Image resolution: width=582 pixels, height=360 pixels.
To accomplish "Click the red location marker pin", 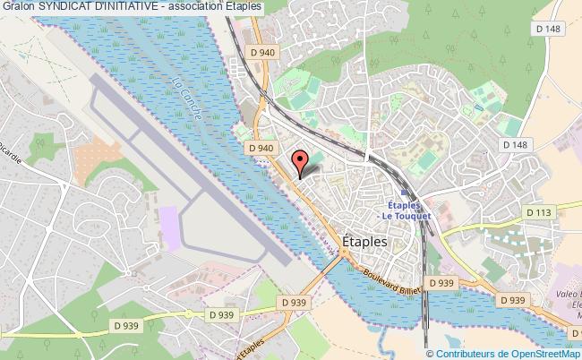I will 302,161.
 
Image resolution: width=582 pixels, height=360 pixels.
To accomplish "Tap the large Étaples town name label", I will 364,241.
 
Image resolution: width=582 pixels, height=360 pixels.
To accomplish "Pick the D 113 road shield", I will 537,212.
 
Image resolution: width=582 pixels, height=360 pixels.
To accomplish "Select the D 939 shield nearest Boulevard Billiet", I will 440,283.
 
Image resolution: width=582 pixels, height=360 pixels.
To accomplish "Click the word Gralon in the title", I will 17,6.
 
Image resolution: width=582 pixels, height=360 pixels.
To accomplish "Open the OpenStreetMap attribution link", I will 542,354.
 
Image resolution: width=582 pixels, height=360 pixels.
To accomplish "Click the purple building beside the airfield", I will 167,219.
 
